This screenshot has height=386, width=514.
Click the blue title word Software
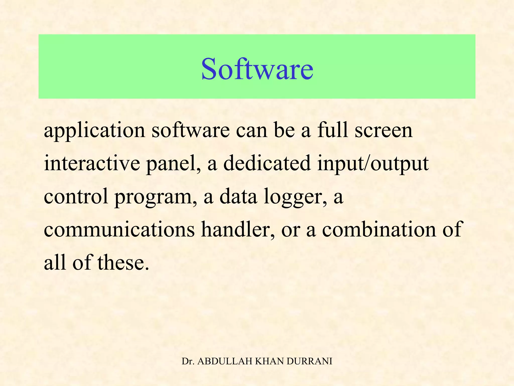coord(257,69)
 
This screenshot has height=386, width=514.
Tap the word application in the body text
coord(94,131)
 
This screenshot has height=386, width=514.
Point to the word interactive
coord(92,164)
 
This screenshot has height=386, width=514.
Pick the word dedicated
coord(267,164)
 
